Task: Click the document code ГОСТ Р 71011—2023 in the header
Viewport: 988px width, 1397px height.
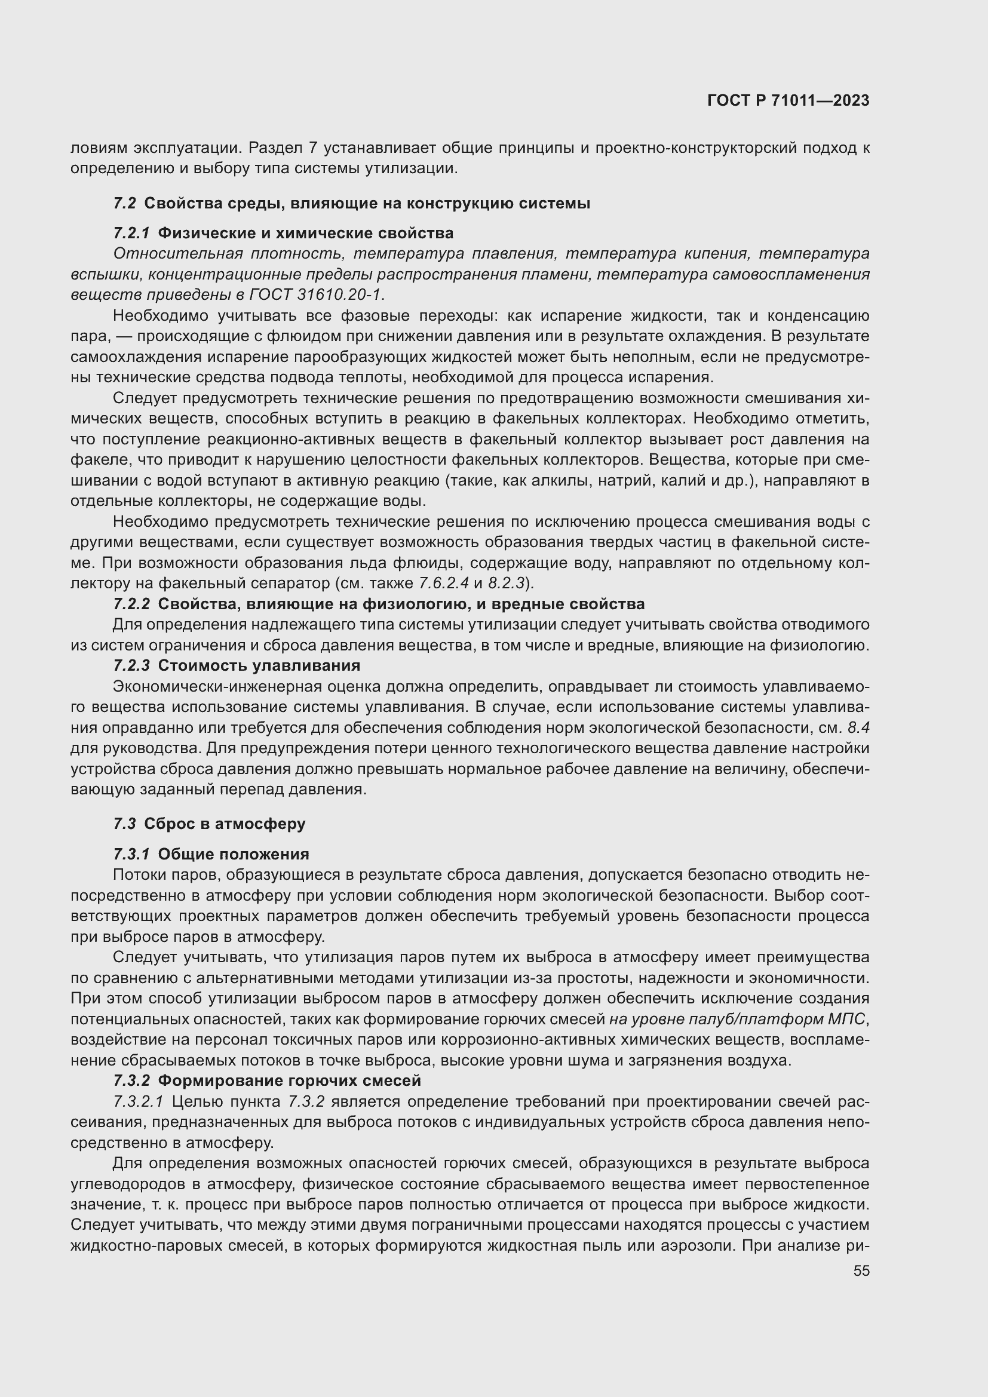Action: point(788,101)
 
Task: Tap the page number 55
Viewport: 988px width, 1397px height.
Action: point(861,1270)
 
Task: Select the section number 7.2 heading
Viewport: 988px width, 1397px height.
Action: point(124,203)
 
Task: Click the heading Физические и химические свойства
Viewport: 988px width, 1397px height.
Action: point(305,233)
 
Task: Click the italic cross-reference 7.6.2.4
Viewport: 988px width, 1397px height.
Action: point(443,583)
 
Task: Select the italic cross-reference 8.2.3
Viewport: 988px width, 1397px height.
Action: point(506,583)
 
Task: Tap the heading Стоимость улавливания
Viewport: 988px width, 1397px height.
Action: point(259,665)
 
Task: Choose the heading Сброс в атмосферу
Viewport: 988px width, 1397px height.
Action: point(225,823)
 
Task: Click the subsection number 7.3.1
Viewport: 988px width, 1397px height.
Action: point(131,853)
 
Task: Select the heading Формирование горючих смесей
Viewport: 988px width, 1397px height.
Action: point(290,1080)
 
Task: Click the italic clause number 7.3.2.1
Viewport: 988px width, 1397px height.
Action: point(138,1101)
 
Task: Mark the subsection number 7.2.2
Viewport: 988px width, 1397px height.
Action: point(131,604)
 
